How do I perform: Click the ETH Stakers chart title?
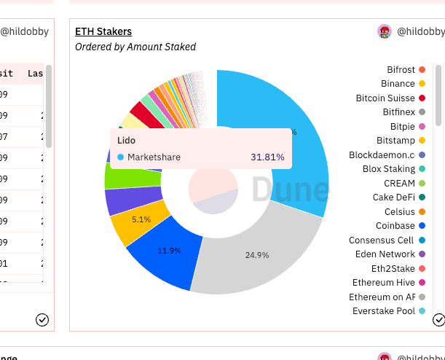click(103, 31)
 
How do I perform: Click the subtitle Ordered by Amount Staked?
click(135, 47)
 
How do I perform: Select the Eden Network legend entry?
click(385, 254)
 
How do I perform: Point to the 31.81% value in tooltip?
click(267, 157)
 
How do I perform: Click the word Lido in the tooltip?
click(126, 139)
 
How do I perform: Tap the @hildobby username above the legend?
click(420, 31)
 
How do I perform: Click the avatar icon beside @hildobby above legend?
click(385, 31)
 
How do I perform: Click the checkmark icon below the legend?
click(438, 319)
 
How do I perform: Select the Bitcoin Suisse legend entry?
click(385, 98)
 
